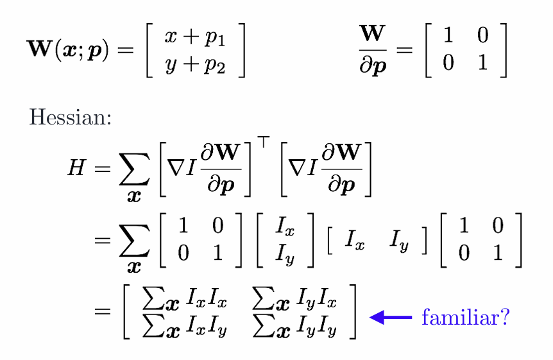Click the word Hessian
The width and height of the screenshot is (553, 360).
coord(70,117)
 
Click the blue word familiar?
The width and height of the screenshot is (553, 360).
coord(466,317)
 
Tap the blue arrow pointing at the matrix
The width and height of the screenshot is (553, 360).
coord(391,317)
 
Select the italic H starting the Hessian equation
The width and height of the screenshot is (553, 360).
coord(76,167)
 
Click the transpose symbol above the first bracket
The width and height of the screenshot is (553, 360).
coord(264,142)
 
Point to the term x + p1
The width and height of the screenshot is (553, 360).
coord(194,37)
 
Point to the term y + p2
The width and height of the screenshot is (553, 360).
coord(195,65)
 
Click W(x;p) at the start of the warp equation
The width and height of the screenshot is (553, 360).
coord(68,49)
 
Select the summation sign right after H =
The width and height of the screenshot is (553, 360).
coord(134,169)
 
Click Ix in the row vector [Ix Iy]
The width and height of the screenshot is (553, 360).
coord(355,240)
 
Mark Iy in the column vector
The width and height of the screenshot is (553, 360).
coord(285,255)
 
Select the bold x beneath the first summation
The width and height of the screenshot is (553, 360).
coord(134,196)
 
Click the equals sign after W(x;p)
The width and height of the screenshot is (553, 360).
coord(125,50)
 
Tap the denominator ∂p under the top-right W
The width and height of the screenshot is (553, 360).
coord(373,65)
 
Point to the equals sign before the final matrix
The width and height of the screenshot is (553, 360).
coord(103,311)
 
